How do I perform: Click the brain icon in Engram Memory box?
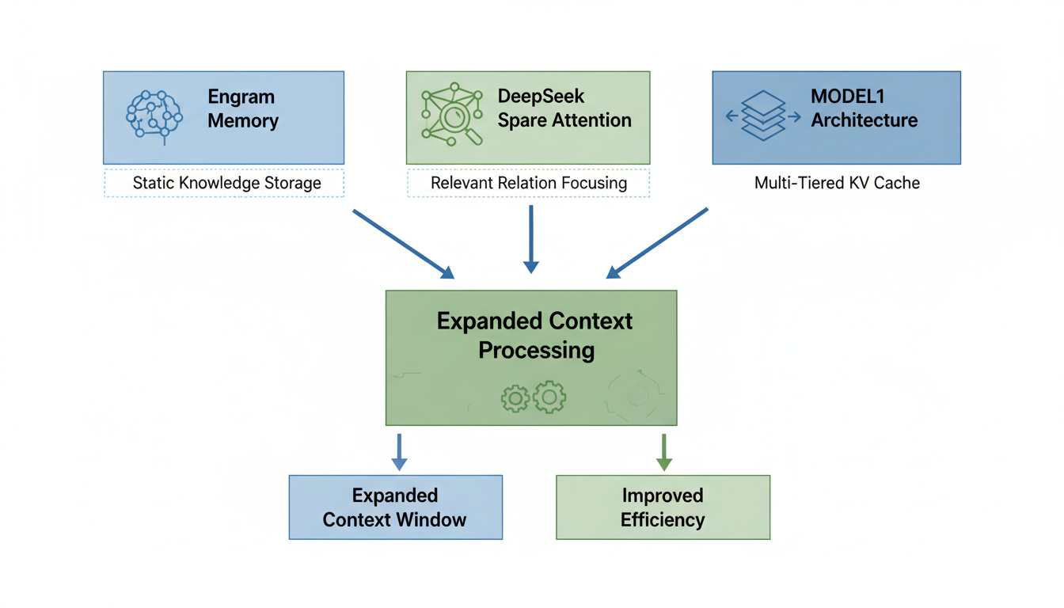tap(154, 117)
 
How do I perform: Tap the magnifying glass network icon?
tap(451, 115)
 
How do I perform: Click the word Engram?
tap(241, 97)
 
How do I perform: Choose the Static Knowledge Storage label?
tap(226, 183)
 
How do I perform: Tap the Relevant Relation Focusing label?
tap(529, 183)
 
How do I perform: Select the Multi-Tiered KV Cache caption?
tap(837, 183)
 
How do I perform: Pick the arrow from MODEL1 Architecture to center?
tap(657, 244)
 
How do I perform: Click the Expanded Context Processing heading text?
tap(535, 335)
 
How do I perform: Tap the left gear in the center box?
tap(515, 398)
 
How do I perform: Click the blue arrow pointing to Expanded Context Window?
tap(400, 452)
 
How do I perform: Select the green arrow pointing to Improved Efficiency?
tap(664, 452)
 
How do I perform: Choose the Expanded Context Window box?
tap(395, 507)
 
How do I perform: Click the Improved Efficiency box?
tap(663, 507)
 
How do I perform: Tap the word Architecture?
tap(864, 120)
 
